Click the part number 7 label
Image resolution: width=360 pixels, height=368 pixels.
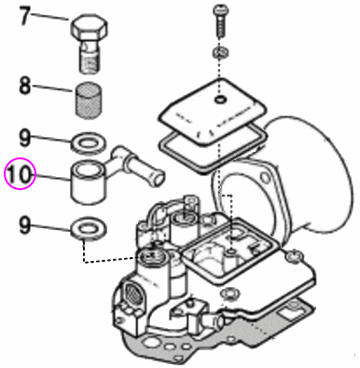point(25,16)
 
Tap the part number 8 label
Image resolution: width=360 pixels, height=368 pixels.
point(25,86)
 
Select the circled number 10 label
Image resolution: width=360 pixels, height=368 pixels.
point(21,173)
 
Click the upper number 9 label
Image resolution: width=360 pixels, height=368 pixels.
point(25,138)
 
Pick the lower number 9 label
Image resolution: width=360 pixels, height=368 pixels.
point(25,225)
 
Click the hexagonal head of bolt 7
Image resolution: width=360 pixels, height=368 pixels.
point(90,30)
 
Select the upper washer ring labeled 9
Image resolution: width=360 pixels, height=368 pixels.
point(89,143)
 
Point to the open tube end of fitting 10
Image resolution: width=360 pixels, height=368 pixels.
point(157,179)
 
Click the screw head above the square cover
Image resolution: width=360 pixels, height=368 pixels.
point(221,9)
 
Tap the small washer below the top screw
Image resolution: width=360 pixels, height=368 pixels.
point(221,53)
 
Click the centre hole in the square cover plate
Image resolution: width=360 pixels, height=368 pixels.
point(221,100)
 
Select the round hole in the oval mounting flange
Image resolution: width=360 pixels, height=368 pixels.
point(265,178)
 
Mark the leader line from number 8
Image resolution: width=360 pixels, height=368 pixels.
point(52,89)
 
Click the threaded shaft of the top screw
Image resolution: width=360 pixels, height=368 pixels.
point(221,26)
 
